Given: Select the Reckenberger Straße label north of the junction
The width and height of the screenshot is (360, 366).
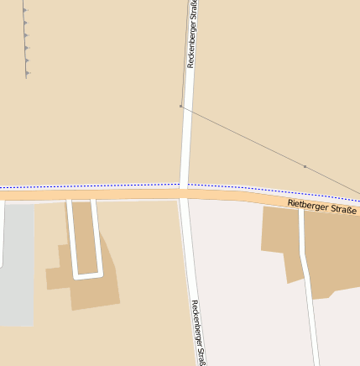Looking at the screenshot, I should [x=194, y=34].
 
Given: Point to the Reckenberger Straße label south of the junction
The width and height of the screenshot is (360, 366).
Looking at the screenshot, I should [x=197, y=332].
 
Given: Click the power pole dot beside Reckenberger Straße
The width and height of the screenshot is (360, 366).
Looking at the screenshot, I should [x=180, y=107].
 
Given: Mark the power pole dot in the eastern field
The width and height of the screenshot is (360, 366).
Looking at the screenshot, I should [x=305, y=166].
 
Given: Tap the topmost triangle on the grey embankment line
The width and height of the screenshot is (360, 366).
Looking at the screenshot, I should [x=25, y=10].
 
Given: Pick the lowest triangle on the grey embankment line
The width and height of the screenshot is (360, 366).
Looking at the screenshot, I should [x=28, y=73].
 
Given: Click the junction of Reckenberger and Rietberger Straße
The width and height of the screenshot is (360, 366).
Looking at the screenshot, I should [x=184, y=193].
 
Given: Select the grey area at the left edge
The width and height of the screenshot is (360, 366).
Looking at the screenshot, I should [x=17, y=260].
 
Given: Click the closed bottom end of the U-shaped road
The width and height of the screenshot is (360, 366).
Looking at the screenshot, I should [x=87, y=274].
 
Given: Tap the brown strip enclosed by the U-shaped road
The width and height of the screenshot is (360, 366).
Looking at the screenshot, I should [x=85, y=235].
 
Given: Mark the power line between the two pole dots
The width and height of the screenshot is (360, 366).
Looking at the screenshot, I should [x=243, y=137].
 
